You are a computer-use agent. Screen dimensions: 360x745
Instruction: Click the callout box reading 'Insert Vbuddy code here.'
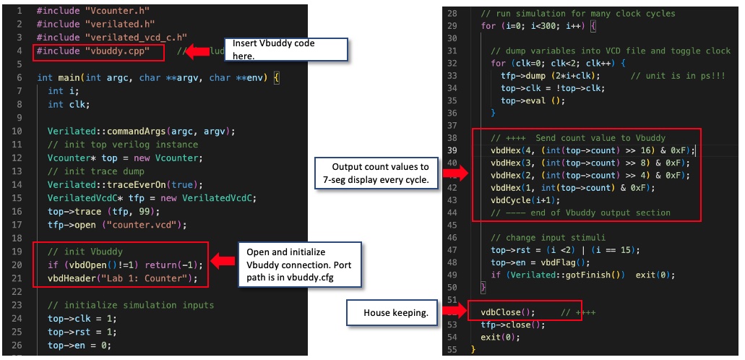287,49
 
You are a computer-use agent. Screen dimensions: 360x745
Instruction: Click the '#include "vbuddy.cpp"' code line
98,51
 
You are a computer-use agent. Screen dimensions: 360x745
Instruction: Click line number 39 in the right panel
452,150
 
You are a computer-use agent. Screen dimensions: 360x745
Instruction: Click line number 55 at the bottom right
452,350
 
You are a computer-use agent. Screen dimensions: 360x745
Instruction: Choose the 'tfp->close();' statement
512,325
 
